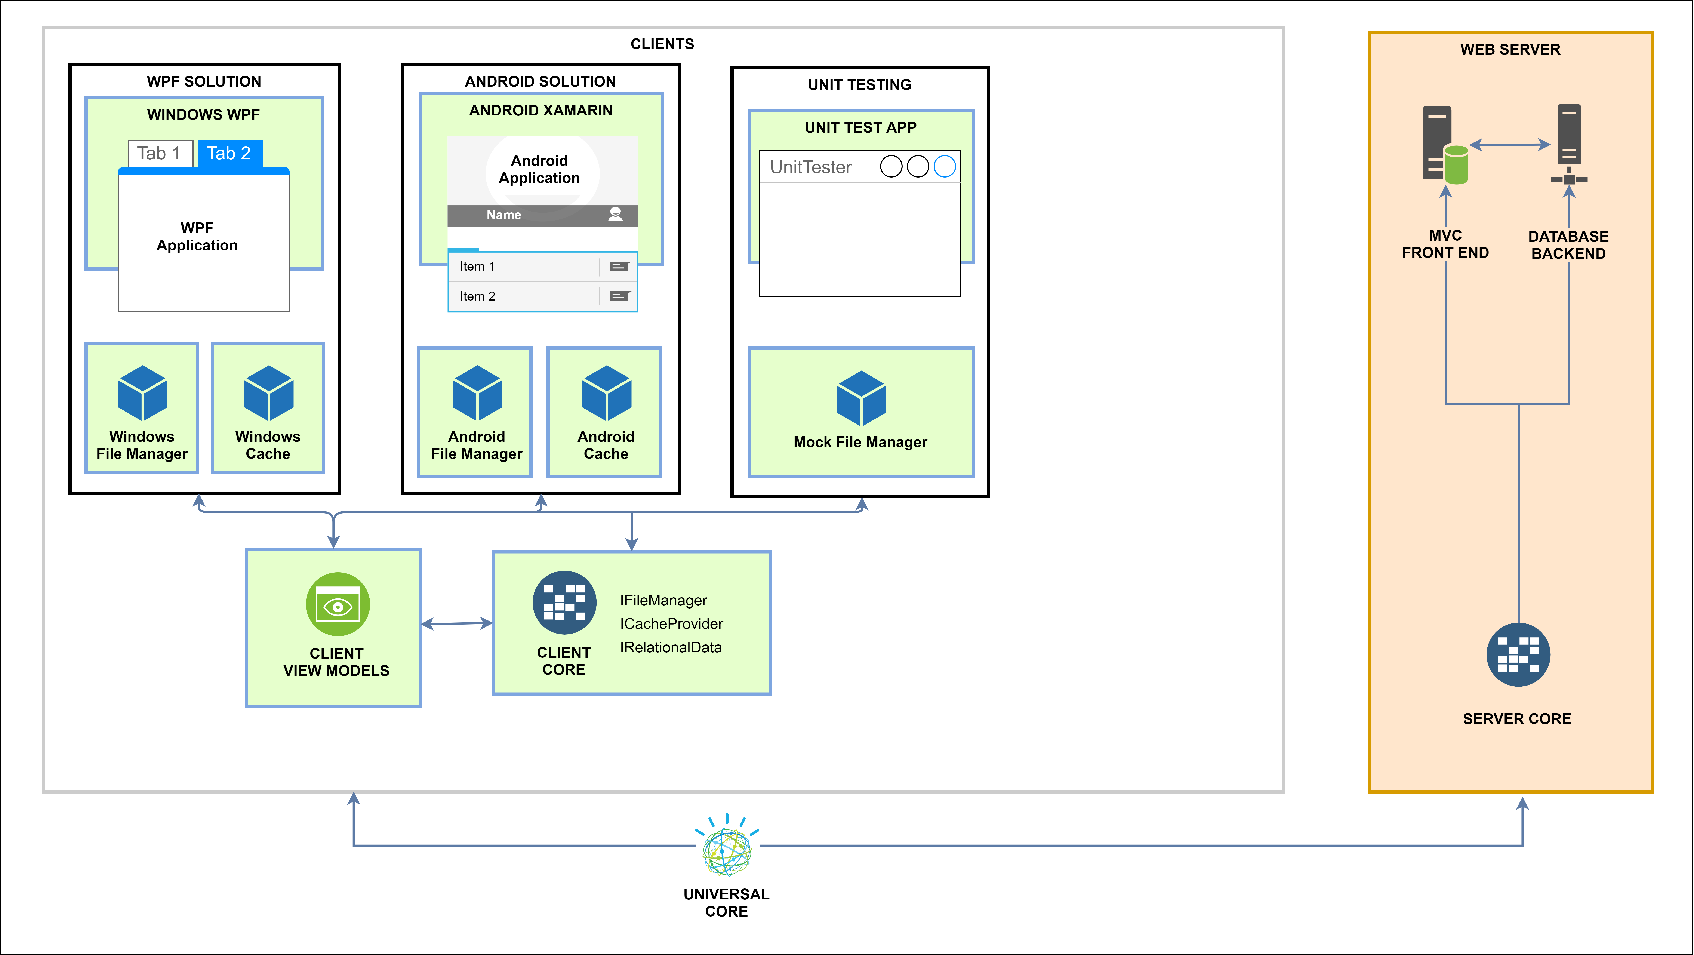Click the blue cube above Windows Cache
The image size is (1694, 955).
(x=268, y=393)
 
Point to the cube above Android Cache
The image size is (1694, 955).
(x=606, y=393)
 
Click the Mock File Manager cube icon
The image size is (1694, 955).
(x=861, y=398)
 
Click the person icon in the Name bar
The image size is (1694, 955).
(x=616, y=214)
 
